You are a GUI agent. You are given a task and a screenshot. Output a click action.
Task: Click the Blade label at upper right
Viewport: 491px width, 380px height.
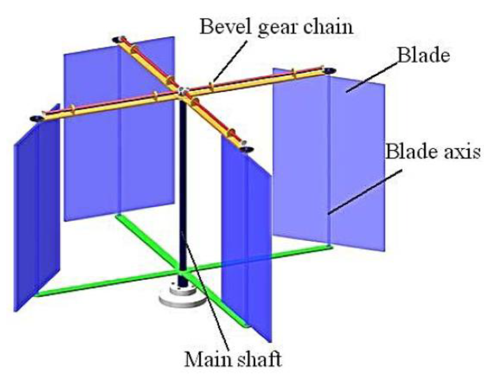click(423, 55)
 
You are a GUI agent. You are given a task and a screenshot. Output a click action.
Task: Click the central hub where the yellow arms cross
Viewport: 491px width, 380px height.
click(182, 91)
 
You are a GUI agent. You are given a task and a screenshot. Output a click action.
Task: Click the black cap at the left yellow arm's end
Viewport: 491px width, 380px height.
click(35, 118)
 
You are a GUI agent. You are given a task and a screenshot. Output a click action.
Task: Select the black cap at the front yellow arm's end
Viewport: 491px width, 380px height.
click(246, 150)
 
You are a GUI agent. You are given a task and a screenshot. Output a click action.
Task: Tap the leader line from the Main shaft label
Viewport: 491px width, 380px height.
click(204, 290)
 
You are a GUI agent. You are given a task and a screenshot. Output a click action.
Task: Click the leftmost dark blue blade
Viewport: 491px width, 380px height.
click(36, 214)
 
